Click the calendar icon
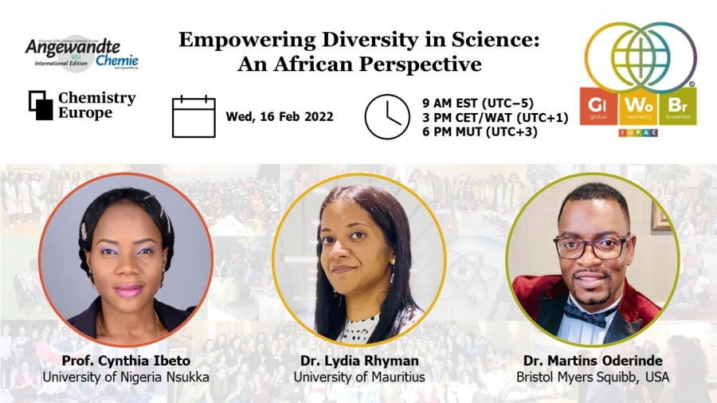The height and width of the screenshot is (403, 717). click(x=194, y=117)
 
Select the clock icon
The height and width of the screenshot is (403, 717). click(x=386, y=117)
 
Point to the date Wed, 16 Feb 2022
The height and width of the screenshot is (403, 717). click(x=280, y=117)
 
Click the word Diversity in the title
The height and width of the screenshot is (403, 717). click(x=336, y=41)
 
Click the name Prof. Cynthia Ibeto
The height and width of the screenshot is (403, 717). click(x=125, y=361)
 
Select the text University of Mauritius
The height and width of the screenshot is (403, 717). click(x=359, y=377)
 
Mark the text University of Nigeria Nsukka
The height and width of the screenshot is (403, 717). click(x=125, y=377)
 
